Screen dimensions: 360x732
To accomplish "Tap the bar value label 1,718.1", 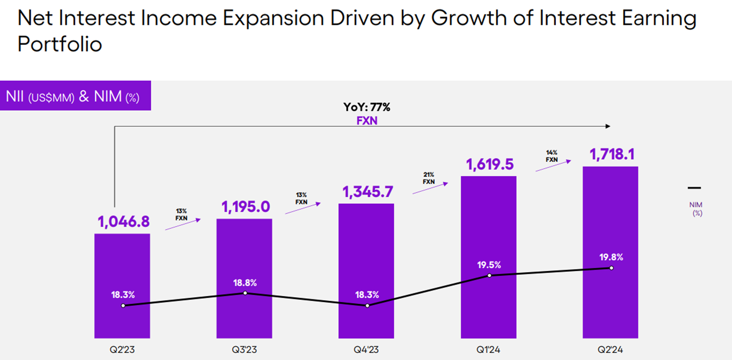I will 612,154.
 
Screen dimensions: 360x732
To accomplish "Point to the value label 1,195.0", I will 246,207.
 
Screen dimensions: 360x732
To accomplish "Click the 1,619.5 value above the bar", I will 490,164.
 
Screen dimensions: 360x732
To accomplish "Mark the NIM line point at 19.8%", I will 611,268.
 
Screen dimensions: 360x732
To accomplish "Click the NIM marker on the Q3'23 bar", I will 245,293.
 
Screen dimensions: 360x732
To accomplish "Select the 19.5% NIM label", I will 489,265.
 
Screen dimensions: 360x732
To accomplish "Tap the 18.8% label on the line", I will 245,283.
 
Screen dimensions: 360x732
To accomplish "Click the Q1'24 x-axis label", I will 488,350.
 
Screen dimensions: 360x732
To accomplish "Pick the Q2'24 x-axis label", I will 610,350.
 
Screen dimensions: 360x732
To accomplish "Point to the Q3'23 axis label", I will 244,350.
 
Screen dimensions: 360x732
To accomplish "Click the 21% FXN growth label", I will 429,178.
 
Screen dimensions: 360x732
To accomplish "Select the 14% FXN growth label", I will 552,156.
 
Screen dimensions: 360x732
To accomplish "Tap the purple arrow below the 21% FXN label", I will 430,188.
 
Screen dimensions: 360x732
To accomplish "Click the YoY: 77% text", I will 367,107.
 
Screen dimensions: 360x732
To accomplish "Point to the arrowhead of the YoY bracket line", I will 608,126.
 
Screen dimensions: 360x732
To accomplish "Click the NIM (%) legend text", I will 696,209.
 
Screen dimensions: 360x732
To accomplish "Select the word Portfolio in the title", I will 60,44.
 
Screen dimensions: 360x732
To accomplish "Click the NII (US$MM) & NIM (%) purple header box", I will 75,96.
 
